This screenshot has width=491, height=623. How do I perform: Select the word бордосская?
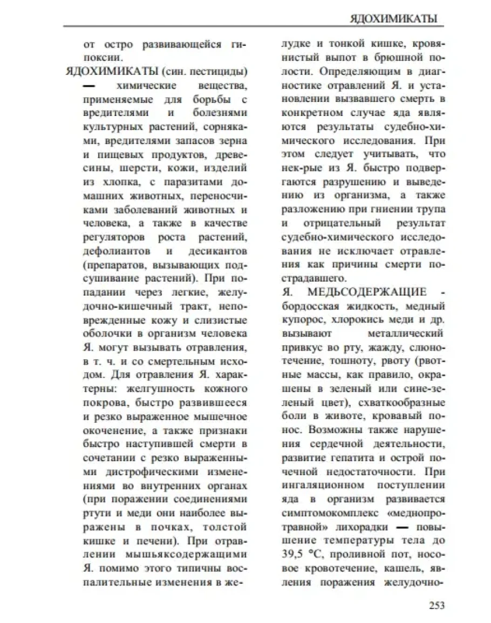click(308, 306)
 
